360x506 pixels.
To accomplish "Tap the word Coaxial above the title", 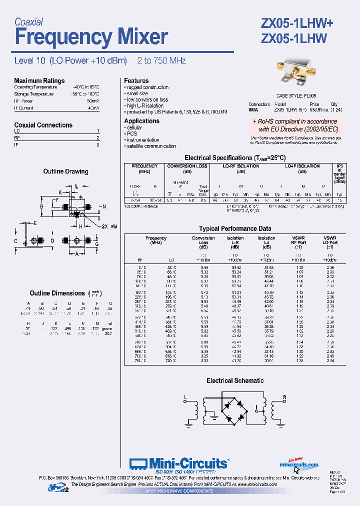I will coord(28,22).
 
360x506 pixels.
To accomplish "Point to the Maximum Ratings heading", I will coord(39,80).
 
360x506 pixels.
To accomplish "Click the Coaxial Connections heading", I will coord(43,125).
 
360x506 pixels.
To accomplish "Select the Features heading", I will coord(136,80).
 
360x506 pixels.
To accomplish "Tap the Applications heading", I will coord(141,121).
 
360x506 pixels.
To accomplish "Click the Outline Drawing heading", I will coord(65,171).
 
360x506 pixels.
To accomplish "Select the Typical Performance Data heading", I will coord(235,228).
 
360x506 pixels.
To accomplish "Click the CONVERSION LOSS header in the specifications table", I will coord(187,166).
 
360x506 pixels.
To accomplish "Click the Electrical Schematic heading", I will coord(235,380).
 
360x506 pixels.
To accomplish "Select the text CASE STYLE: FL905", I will coord(296,95).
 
